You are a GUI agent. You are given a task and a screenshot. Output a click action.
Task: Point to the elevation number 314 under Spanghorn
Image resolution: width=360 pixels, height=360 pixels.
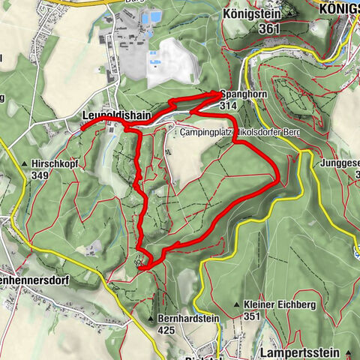(229, 106)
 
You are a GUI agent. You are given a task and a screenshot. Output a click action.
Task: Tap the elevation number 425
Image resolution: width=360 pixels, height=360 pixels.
(167, 329)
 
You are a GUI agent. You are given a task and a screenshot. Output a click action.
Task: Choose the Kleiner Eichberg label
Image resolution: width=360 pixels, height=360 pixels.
(274, 304)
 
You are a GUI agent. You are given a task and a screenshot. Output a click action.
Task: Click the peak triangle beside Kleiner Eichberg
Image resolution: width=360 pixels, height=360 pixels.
(237, 305)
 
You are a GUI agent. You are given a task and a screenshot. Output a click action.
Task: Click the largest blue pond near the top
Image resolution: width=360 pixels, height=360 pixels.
(154, 16)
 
